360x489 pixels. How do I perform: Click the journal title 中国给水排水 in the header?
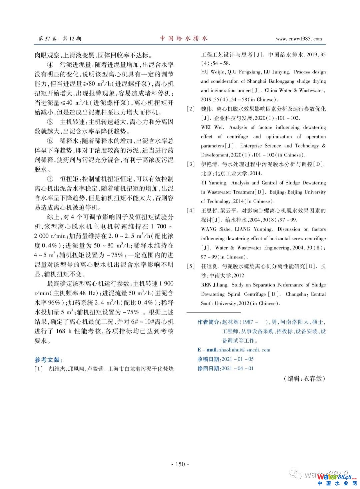pos(184,38)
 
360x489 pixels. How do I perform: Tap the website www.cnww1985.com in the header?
pos(299,39)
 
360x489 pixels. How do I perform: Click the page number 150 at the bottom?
pos(180,464)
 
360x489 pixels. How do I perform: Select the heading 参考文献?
pos(49,360)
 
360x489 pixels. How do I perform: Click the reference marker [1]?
pos(39,369)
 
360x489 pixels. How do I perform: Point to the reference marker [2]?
pos(191,109)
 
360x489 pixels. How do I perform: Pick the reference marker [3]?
pos(191,164)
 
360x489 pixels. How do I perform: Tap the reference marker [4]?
pos(191,210)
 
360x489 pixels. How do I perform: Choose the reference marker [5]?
pos(191,266)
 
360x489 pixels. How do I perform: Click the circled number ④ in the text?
pos(50,65)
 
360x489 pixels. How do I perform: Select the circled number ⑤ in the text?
pos(50,122)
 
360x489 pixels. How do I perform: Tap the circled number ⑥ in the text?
pos(50,141)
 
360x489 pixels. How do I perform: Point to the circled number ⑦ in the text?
pos(50,179)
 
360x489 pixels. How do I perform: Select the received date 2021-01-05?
pos(238,359)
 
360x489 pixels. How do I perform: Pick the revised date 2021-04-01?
pos(238,369)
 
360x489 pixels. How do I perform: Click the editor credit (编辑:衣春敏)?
pos(304,378)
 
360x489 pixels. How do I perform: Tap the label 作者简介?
pos(208,322)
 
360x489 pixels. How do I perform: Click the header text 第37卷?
pos(48,39)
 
